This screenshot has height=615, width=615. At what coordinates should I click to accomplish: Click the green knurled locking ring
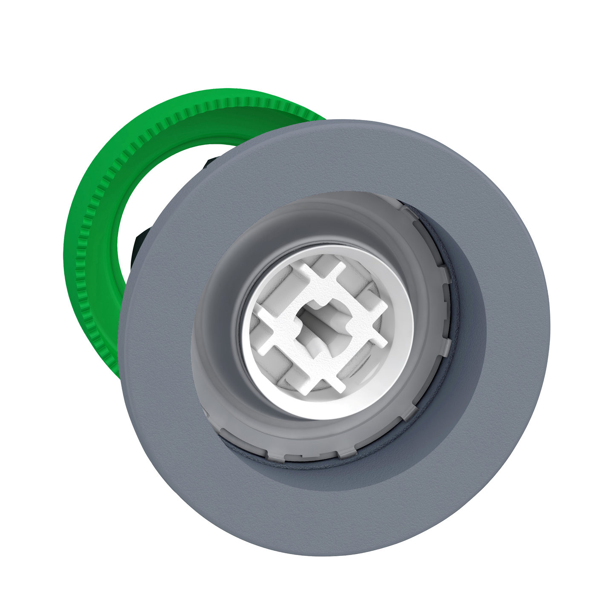pos(92,255)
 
